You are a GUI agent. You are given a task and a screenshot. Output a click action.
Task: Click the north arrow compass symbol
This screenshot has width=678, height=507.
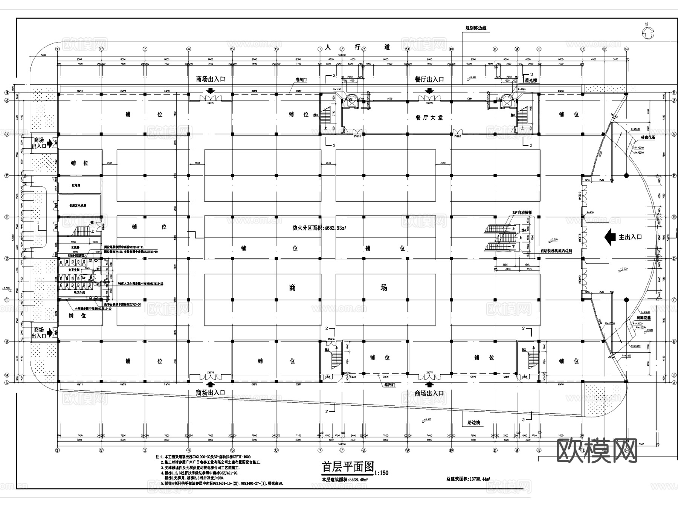click(648, 33)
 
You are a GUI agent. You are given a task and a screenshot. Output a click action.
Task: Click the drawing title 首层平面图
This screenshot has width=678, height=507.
click(347, 467)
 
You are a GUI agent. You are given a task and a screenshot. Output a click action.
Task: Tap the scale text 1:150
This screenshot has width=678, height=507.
click(382, 473)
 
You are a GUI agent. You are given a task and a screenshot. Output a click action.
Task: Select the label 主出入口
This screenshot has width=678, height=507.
click(630, 237)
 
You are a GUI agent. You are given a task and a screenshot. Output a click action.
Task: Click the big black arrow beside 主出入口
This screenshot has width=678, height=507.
click(610, 237)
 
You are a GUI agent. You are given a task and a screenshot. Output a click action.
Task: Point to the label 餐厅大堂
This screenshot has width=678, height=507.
click(429, 117)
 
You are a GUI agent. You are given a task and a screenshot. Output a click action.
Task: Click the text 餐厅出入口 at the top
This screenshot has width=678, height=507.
click(429, 79)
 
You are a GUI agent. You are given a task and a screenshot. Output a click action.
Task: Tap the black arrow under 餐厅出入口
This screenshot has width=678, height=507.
click(429, 91)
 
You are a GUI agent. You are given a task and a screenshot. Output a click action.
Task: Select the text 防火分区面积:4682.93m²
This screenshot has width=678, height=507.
click(319, 228)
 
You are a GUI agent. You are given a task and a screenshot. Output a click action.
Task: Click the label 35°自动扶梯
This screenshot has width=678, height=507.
click(522, 213)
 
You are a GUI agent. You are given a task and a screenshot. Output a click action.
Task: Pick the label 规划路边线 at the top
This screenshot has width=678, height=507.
click(476, 28)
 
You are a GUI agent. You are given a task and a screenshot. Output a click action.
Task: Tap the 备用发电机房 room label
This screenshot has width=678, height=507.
click(78, 206)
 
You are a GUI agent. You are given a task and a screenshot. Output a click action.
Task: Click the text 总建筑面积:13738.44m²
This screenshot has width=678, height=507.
click(468, 479)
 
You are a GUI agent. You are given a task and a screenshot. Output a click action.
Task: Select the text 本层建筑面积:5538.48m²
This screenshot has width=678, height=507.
click(345, 480)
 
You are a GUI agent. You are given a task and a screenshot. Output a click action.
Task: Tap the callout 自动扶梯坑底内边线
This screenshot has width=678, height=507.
click(556, 251)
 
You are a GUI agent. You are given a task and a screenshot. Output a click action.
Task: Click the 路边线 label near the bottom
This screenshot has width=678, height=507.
click(473, 422)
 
